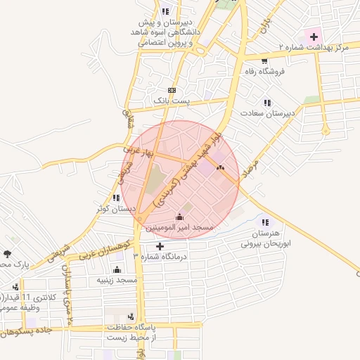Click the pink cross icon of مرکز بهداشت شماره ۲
[314, 35]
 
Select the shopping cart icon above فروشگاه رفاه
[264, 60]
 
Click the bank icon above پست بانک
[172, 91]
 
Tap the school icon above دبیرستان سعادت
[266, 103]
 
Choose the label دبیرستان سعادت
[266, 112]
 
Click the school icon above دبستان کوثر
[116, 198]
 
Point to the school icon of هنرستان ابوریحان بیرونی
[264, 222]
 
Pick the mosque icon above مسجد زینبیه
[117, 269]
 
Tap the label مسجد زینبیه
[117, 280]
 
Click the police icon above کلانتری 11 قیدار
[15, 287]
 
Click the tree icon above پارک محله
[7, 254]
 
